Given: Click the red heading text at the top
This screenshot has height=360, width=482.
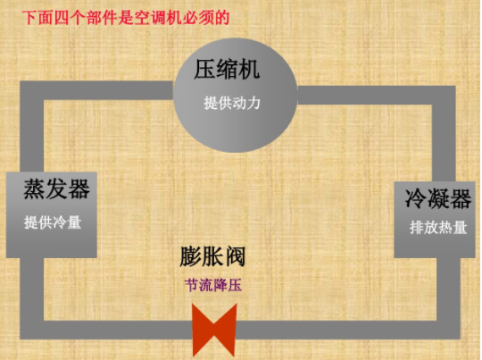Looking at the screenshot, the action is pos(126,18).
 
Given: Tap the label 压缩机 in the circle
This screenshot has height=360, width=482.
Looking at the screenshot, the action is pos(227,69).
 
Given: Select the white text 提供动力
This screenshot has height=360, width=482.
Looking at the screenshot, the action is pos(232,103).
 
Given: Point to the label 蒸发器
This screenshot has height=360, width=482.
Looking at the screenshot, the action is pos(56,188).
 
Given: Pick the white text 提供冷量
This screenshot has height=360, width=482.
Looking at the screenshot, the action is pos(53,222).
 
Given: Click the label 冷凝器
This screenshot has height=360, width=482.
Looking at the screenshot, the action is pos(437,199).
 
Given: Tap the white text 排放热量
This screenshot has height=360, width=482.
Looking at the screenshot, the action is pos(438,228).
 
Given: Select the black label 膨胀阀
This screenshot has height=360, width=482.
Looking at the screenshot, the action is pos(212,256).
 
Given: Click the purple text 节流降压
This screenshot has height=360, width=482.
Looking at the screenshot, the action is pos(213,285).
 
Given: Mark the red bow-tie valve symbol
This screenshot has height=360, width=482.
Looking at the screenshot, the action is pos(214,331).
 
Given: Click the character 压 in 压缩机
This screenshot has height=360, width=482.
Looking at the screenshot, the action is pos(204,69).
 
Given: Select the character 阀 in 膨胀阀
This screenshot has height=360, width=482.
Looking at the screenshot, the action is pos(236,256).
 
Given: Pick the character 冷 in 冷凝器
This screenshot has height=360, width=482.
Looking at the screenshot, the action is pos(416,199).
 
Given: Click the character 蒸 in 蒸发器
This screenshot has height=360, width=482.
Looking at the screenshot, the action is pos(35,188).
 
